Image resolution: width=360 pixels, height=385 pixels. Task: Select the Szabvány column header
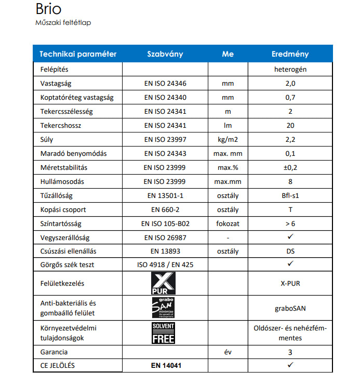(x=165, y=54)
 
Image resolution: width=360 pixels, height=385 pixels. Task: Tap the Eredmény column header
(x=290, y=54)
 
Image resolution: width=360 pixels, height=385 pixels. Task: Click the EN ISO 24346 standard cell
(x=165, y=83)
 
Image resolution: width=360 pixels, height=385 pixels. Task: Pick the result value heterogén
(x=290, y=69)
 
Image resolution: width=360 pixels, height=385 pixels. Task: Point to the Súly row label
(x=47, y=140)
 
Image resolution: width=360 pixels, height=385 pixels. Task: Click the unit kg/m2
(x=228, y=140)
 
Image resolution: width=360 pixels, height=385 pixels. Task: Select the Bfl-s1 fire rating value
(x=290, y=196)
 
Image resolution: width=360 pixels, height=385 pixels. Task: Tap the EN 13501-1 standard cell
(x=165, y=196)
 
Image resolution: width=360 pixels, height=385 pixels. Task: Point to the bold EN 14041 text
(x=165, y=365)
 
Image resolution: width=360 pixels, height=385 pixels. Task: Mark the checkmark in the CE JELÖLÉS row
(x=290, y=365)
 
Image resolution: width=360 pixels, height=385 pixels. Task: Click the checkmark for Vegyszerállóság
(x=290, y=237)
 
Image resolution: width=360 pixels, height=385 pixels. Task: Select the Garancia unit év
(x=228, y=352)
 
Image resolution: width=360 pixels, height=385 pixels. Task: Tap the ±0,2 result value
(x=290, y=168)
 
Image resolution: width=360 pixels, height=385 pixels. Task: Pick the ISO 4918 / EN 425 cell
(x=165, y=265)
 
